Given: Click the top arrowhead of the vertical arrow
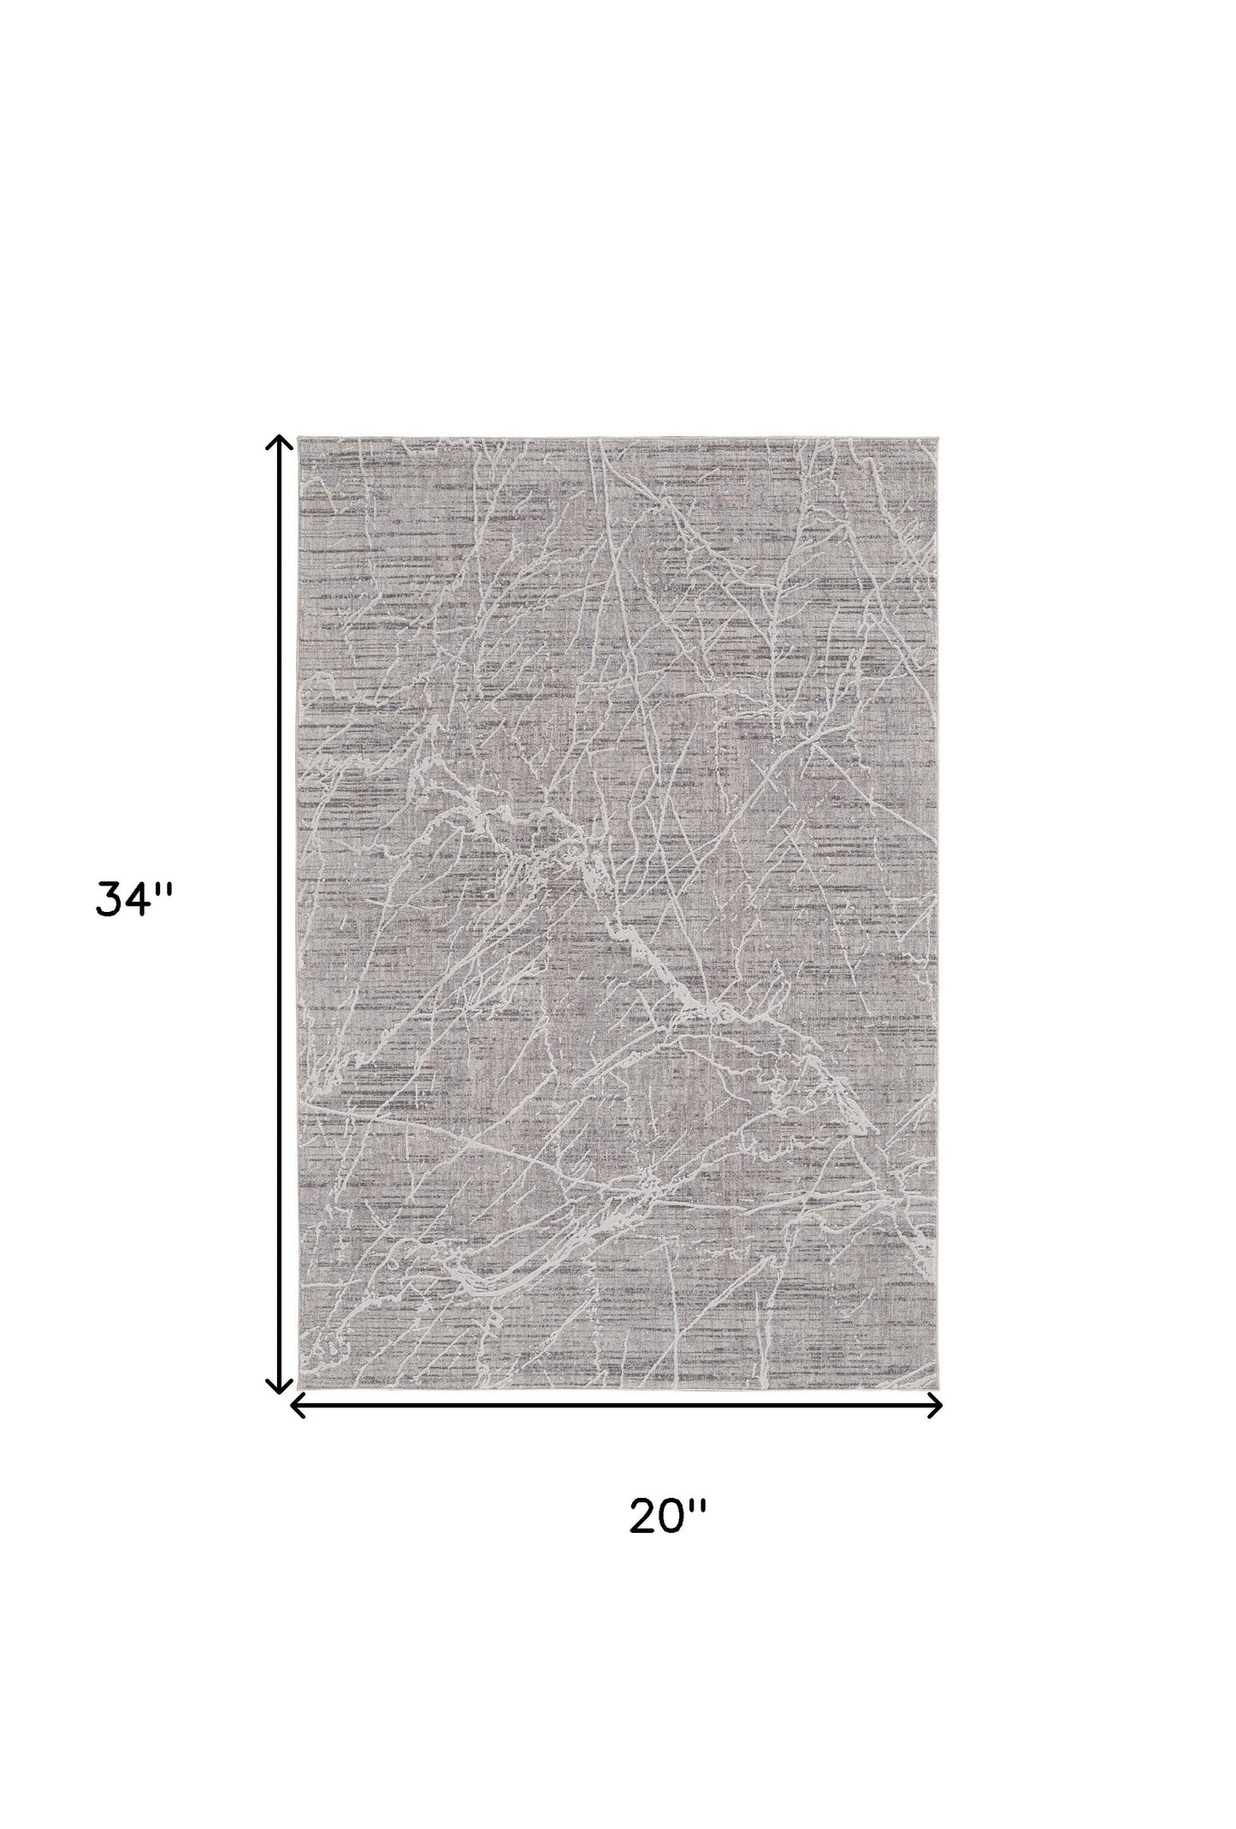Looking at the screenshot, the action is [x=276, y=442].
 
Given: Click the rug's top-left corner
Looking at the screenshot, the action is [x=299, y=440].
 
